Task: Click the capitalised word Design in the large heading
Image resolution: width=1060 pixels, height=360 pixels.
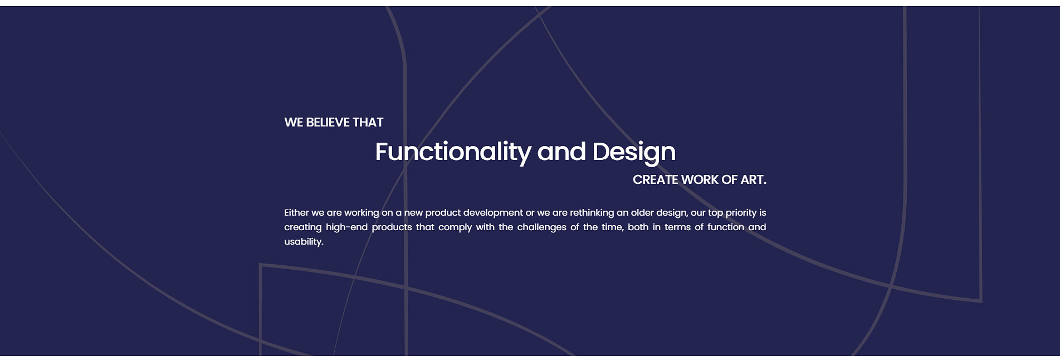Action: tap(634, 152)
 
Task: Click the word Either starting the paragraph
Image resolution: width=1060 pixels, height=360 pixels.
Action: tap(296, 213)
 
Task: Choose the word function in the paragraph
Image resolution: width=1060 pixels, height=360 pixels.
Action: tap(726, 227)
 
